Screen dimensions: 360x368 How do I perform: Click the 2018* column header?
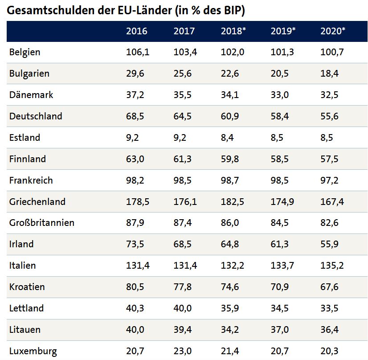232,31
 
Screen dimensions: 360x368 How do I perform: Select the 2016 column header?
136,31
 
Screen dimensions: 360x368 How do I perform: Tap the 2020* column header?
332,31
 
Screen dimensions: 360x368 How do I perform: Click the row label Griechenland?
37,202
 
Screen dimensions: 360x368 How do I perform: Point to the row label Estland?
25,138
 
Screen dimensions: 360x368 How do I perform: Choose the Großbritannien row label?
41,223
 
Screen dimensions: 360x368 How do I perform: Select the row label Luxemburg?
33,351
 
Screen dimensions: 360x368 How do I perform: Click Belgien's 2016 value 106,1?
138,52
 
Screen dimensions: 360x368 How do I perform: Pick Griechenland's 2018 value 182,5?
233,202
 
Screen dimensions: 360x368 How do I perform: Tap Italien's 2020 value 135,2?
332,266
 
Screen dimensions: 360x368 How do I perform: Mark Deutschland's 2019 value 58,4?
280,116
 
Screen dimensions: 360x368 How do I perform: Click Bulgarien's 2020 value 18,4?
330,74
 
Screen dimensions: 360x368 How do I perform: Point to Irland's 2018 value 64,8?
230,244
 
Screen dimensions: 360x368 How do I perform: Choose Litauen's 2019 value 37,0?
280,330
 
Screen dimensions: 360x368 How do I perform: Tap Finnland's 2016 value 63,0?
135,159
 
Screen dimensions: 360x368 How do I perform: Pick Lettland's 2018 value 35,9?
230,308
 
